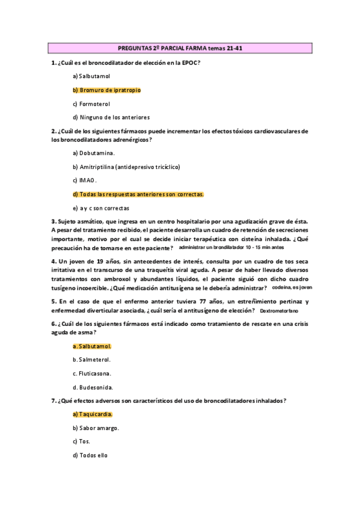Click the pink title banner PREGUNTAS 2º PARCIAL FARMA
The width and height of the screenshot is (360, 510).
(x=180, y=48)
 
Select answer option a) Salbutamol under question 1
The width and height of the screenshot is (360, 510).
(x=91, y=76)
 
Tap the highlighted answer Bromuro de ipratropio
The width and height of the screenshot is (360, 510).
(x=106, y=90)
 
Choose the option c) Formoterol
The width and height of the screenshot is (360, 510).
(x=91, y=103)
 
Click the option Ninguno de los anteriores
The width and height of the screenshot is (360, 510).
(x=111, y=117)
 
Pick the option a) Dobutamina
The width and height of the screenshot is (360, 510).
(x=94, y=153)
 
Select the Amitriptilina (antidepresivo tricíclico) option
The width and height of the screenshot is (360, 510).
(x=126, y=167)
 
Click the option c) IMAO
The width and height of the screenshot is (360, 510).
(x=85, y=180)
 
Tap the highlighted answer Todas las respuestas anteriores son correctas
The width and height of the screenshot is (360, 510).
(x=138, y=194)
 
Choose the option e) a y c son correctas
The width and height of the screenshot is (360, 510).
(x=101, y=208)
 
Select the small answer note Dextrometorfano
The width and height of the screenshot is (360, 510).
(x=279, y=310)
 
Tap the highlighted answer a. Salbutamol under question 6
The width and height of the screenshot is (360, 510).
(x=92, y=347)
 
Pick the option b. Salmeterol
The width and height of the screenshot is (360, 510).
(x=91, y=360)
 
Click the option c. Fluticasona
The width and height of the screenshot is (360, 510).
(x=92, y=374)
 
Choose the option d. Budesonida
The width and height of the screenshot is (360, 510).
(x=93, y=388)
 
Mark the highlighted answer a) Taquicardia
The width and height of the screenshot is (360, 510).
(x=93, y=414)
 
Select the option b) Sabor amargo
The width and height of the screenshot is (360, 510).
(x=96, y=428)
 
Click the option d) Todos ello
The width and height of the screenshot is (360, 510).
(x=90, y=455)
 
